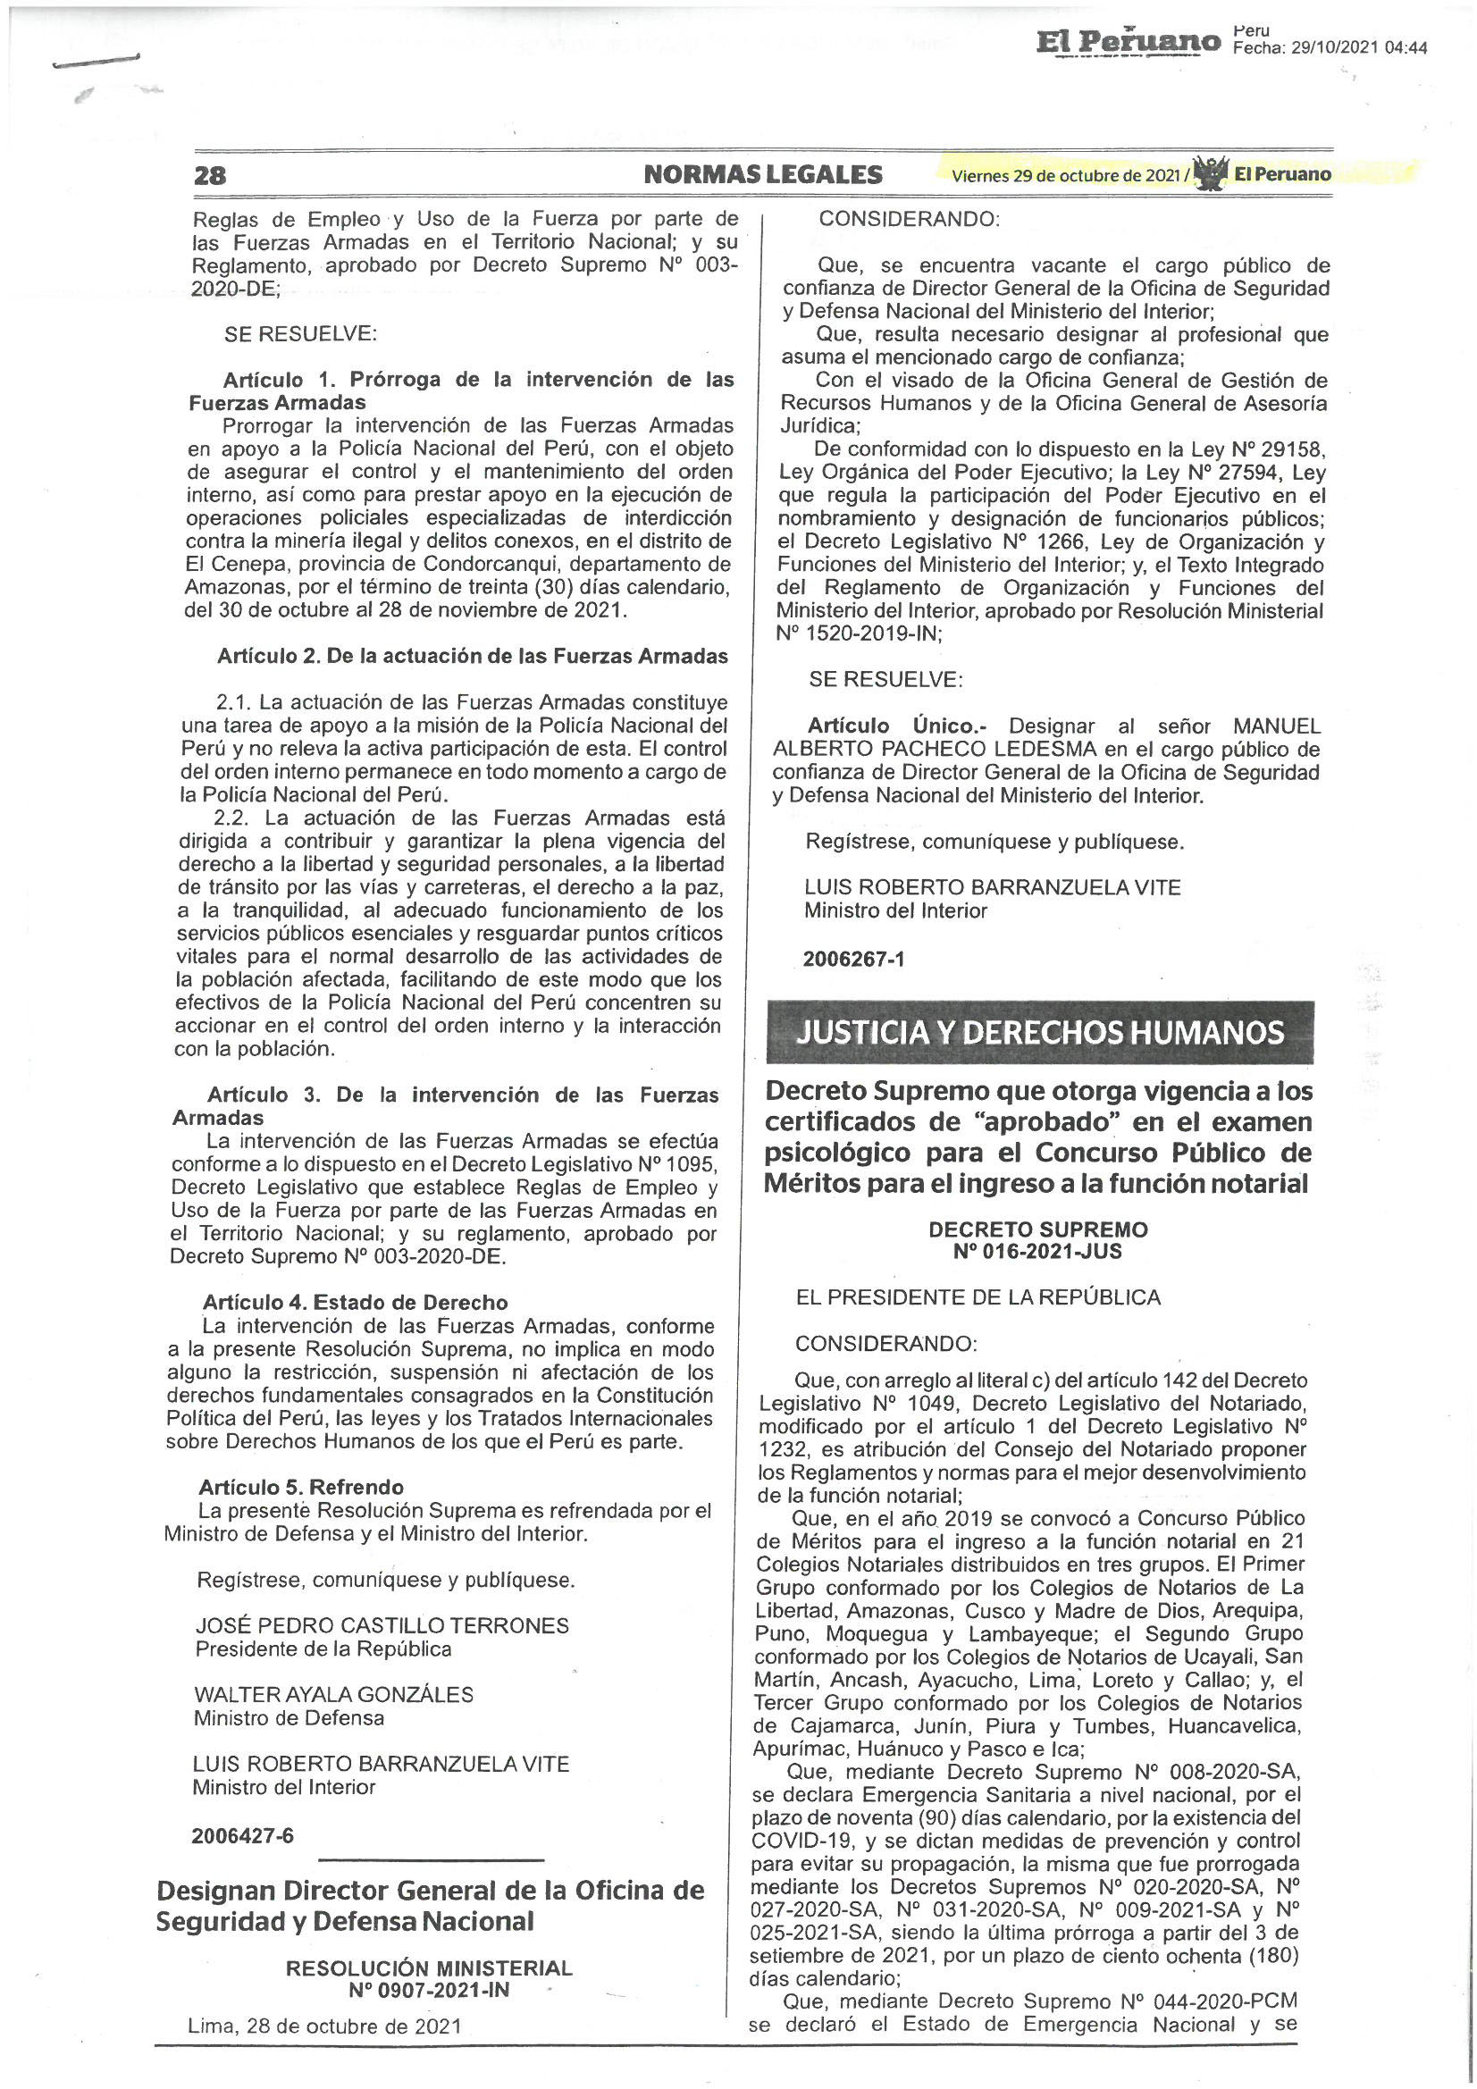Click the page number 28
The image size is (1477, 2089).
[209, 175]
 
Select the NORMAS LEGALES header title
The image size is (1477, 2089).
[762, 175]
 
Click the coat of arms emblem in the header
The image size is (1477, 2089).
[1211, 172]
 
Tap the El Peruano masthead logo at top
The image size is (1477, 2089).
[1129, 42]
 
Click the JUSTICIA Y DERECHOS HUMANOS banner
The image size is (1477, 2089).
[1039, 1033]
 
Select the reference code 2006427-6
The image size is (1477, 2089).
[242, 1835]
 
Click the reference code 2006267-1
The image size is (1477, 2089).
[853, 959]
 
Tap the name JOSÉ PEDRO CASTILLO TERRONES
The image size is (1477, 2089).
[382, 1626]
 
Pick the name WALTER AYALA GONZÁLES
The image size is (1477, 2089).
[333, 1694]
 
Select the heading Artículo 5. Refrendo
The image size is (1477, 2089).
[301, 1488]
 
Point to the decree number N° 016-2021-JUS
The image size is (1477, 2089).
[1037, 1252]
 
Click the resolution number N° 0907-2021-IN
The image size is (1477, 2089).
[429, 1991]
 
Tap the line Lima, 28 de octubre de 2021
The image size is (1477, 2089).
[324, 2026]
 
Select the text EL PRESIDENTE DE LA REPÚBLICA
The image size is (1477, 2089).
[978, 1297]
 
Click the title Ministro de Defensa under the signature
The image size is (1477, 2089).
[289, 1718]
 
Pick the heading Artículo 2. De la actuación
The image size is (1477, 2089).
[473, 656]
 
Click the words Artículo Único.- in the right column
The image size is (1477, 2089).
[897, 726]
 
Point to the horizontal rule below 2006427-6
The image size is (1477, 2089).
[432, 1860]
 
